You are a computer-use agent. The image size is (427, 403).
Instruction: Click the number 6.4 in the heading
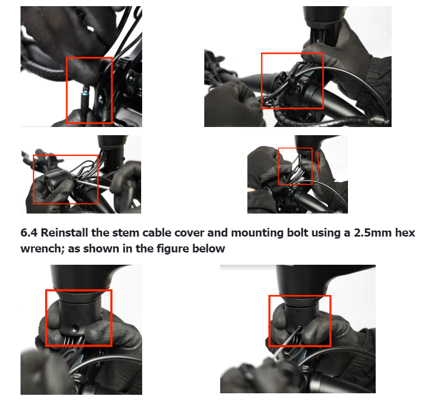(x=29, y=233)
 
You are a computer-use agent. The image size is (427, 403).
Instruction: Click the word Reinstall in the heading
(x=65, y=233)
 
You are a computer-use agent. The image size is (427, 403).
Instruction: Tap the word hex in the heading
(x=405, y=233)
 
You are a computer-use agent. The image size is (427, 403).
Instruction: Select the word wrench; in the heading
(x=43, y=249)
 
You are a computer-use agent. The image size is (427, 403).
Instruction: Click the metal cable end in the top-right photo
(x=379, y=118)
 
